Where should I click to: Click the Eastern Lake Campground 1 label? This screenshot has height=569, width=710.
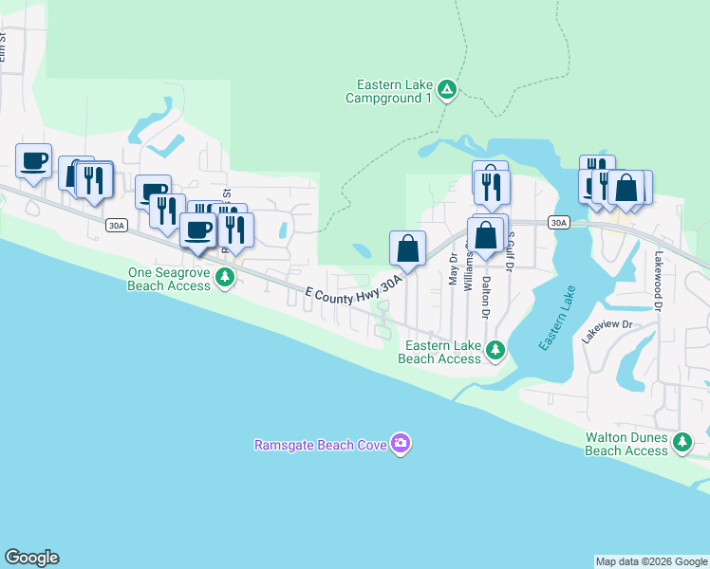(389, 91)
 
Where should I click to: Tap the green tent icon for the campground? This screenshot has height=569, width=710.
(448, 91)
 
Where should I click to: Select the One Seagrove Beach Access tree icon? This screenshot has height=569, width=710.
(225, 278)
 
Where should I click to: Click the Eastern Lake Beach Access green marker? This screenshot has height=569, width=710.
(495, 352)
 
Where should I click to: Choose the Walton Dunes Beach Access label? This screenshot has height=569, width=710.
(626, 444)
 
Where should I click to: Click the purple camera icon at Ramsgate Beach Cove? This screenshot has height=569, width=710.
(402, 444)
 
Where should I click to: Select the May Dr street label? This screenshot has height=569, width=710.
(453, 269)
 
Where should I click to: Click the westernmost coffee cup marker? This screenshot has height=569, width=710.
(33, 160)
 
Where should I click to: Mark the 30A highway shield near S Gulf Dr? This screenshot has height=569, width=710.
(558, 223)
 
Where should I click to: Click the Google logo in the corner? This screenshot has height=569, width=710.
(31, 558)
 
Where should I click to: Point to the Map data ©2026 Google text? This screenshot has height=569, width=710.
(650, 561)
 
